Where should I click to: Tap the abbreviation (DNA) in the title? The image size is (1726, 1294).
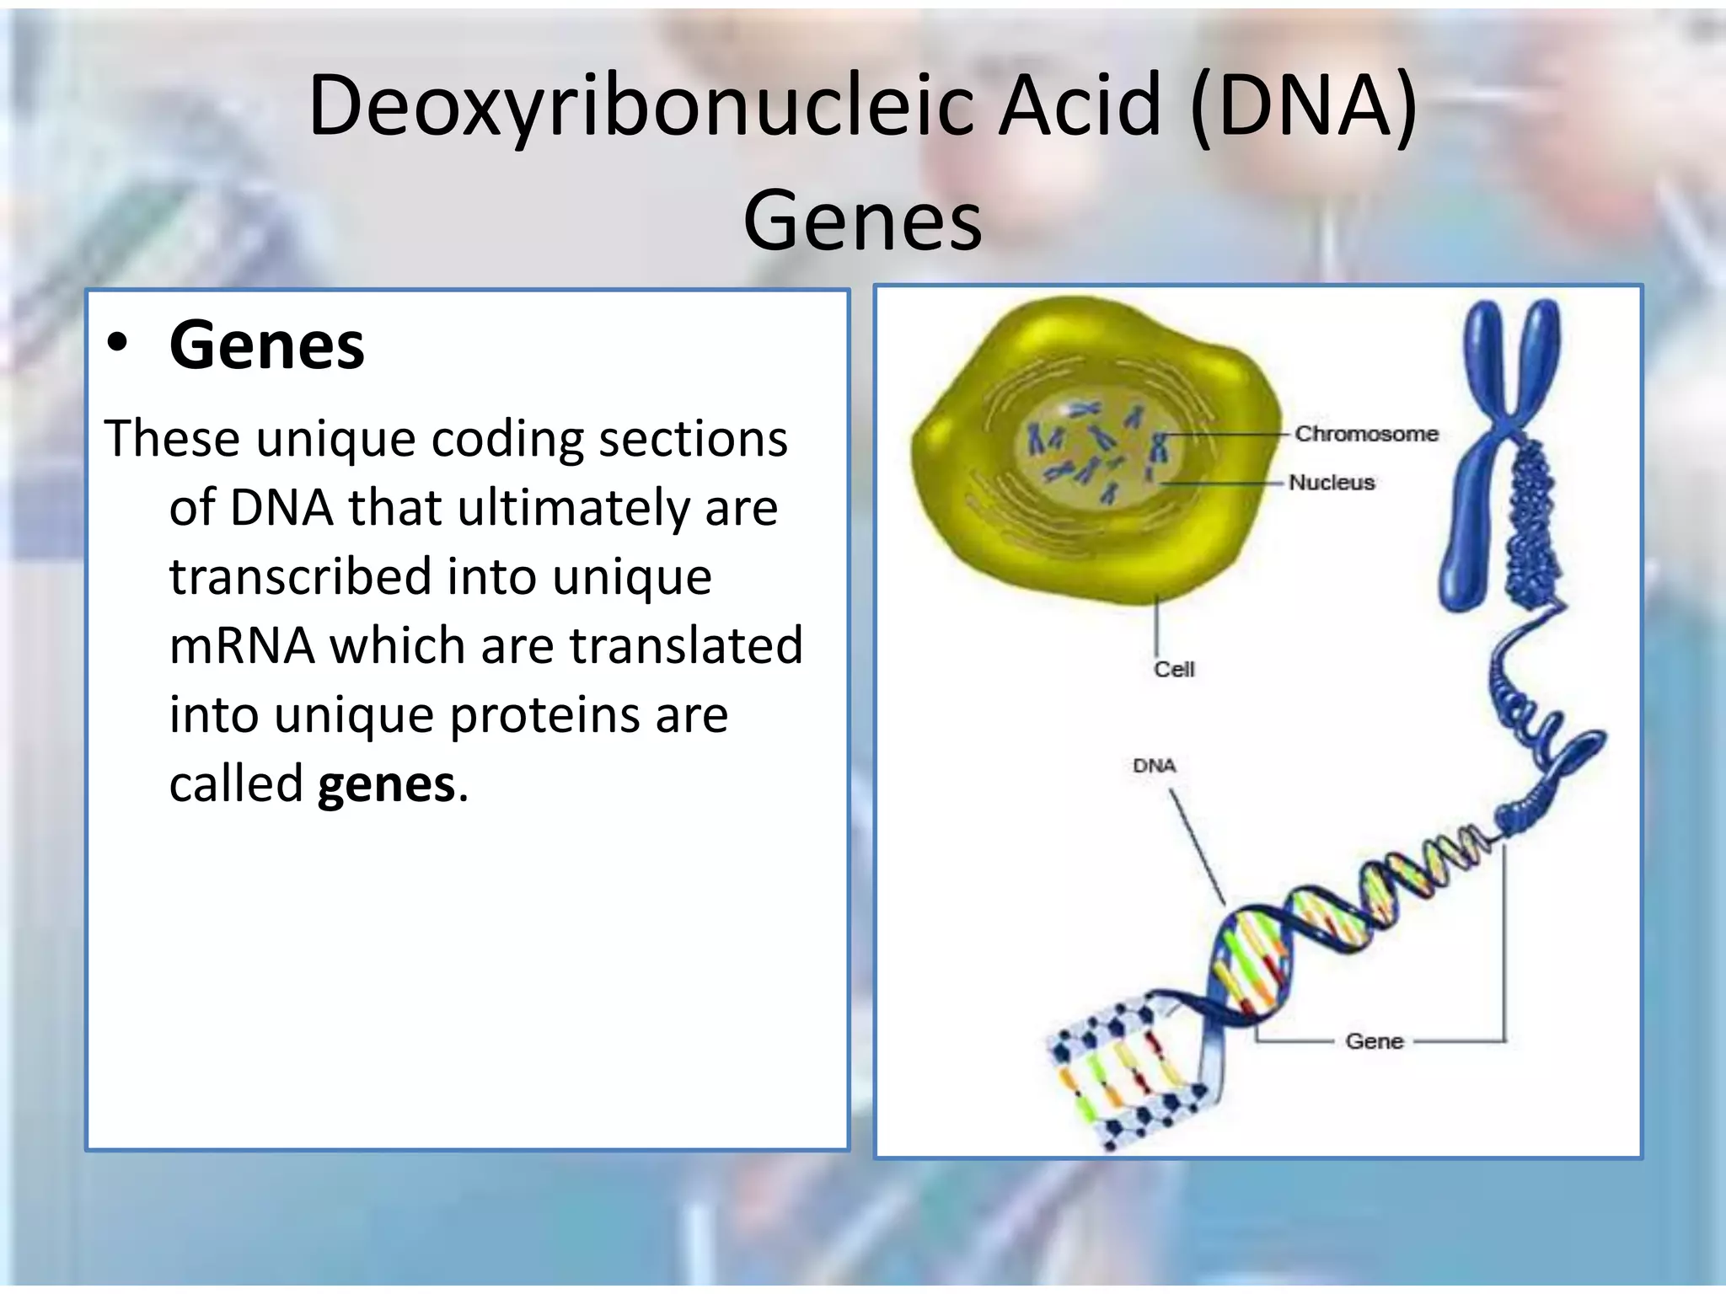click(x=1305, y=108)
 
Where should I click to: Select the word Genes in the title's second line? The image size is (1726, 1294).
click(x=862, y=221)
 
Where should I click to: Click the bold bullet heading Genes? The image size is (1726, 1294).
click(x=267, y=345)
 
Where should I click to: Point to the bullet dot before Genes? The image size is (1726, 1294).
click(x=117, y=344)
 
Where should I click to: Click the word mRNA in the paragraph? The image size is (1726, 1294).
click(x=242, y=646)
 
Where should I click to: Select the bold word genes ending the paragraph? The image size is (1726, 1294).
click(x=386, y=785)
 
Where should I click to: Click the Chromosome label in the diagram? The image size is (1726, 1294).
click(x=1366, y=434)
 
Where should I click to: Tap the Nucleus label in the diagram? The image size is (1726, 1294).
click(x=1332, y=483)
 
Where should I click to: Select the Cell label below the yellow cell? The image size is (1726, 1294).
click(x=1174, y=670)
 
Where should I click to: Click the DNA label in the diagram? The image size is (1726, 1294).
click(x=1154, y=766)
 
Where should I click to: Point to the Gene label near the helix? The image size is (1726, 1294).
click(x=1374, y=1042)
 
